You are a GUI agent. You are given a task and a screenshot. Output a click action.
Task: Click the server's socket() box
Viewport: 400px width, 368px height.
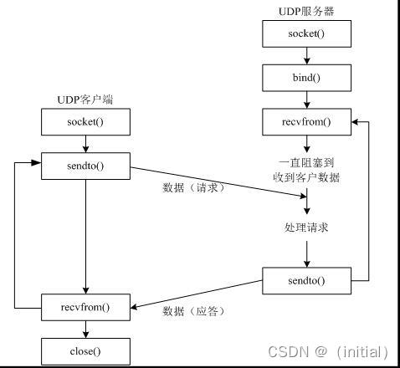point(306,33)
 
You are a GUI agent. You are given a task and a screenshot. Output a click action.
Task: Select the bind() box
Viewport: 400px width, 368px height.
point(306,78)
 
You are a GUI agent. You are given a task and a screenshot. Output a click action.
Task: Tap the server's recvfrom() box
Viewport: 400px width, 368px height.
point(306,122)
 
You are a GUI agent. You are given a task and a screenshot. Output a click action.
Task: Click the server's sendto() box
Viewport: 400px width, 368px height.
point(306,280)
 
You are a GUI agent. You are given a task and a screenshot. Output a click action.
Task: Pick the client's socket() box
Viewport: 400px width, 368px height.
point(85,122)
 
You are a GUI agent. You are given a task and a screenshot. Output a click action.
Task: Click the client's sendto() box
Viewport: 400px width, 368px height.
point(85,166)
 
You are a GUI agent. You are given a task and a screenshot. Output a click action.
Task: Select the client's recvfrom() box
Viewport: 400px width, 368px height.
point(85,306)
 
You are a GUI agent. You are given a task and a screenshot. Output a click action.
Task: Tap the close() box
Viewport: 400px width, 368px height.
point(85,350)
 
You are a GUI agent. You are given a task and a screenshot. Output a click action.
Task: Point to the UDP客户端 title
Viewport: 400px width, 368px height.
point(85,100)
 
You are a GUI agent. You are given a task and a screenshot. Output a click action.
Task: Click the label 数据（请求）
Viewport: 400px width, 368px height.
point(194,187)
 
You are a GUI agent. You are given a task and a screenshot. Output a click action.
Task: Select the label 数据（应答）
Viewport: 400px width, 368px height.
point(194,310)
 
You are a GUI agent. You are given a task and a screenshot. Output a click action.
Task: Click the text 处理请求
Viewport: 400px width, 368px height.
point(306,227)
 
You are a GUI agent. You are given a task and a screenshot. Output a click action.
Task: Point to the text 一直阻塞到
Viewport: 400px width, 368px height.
point(306,162)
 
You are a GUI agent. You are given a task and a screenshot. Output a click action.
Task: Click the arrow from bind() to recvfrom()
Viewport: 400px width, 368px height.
point(306,100)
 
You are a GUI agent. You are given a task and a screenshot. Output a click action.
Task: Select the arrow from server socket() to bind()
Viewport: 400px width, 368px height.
point(306,55)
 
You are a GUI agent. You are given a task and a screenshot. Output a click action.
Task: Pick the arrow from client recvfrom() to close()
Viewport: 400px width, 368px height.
point(85,328)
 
